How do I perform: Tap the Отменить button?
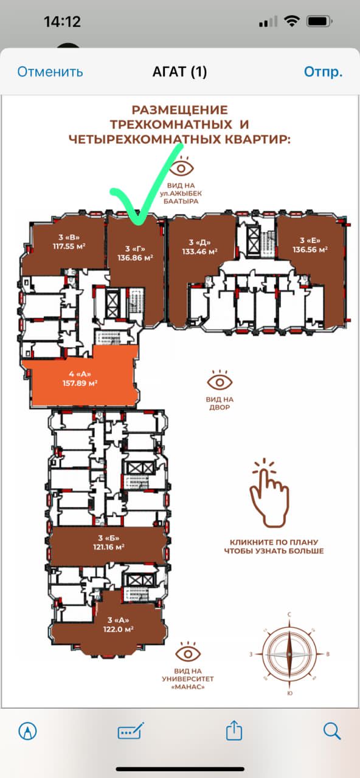(x=50, y=72)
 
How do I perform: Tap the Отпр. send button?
(x=323, y=72)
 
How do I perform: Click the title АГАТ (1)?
(x=179, y=72)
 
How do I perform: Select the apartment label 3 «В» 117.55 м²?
(x=69, y=242)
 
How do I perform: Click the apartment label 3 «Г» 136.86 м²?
(x=135, y=253)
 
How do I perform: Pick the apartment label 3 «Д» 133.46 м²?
(x=199, y=247)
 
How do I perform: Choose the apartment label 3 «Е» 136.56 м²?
(x=310, y=245)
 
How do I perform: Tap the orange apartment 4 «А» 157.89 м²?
(x=80, y=379)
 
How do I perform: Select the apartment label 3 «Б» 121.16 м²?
(x=108, y=543)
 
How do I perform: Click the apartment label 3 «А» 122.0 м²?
(x=118, y=624)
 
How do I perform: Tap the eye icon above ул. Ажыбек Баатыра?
(x=181, y=166)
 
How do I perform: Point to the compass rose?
(x=289, y=653)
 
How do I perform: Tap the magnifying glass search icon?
(x=332, y=731)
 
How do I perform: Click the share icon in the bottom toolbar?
(x=234, y=730)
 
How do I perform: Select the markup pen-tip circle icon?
(x=27, y=731)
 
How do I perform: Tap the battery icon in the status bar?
(x=319, y=22)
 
